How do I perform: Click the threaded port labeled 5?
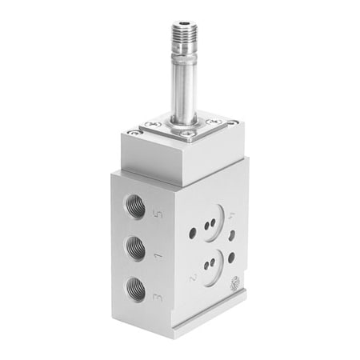point(135,206)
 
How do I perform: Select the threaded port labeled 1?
point(135,249)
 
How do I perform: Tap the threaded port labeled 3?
point(135,290)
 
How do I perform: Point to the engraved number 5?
point(158,214)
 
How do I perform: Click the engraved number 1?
point(158,256)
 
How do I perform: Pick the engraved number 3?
point(158,298)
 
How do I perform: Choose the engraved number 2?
point(193,278)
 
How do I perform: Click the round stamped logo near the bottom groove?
point(234,282)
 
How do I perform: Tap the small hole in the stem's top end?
point(184,23)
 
